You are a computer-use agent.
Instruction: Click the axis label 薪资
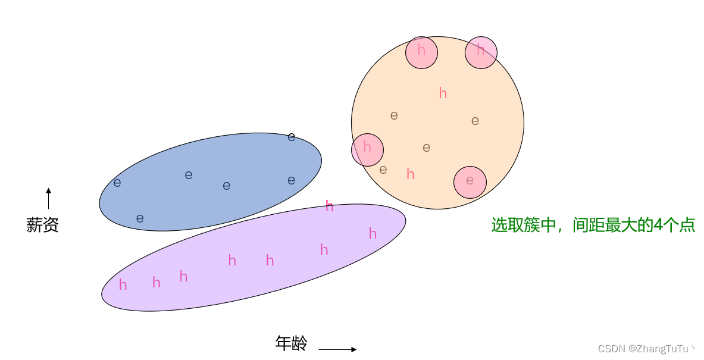click(x=42, y=225)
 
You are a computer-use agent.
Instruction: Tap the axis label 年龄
click(x=292, y=343)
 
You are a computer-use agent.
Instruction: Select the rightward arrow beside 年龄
click(x=337, y=349)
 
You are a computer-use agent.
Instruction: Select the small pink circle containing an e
click(x=470, y=181)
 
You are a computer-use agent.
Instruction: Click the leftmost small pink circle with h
click(x=367, y=149)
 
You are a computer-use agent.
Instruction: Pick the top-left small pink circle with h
click(x=421, y=52)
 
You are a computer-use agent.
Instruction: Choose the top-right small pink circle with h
click(x=481, y=52)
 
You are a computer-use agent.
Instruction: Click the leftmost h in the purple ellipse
click(x=123, y=285)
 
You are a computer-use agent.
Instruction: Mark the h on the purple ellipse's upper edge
click(x=329, y=206)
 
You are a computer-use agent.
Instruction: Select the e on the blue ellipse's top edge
click(x=291, y=137)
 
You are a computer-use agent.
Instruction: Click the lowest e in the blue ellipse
click(x=140, y=218)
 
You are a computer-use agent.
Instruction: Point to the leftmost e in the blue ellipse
click(x=117, y=183)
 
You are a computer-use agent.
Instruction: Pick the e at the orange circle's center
click(x=426, y=148)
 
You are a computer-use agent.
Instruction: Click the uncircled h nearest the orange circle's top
click(x=443, y=93)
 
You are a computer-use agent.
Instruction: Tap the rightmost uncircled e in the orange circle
click(x=475, y=121)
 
